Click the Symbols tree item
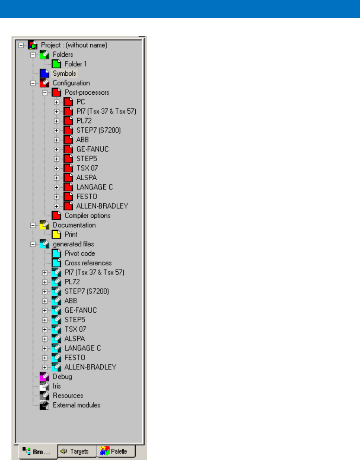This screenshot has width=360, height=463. pyautogui.click(x=65, y=73)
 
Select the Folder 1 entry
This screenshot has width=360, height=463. pyautogui.click(x=76, y=64)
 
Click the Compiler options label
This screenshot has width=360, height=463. pyautogui.click(x=88, y=216)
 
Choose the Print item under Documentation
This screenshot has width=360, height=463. pyautogui.click(x=71, y=235)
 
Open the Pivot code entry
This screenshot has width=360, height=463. pyautogui.click(x=80, y=254)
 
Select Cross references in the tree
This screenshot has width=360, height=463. pyautogui.click(x=88, y=263)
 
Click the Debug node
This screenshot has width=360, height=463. pyautogui.click(x=62, y=377)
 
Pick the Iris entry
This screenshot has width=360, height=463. pyautogui.click(x=57, y=386)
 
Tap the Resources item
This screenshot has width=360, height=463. pyautogui.click(x=68, y=396)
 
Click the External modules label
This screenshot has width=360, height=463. pyautogui.click(x=76, y=405)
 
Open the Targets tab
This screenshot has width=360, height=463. pyautogui.click(x=77, y=451)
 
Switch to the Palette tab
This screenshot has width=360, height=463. pyautogui.click(x=116, y=451)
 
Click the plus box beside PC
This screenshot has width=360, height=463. pyautogui.click(x=56, y=102)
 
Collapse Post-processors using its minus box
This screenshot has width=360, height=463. pyautogui.click(x=45, y=93)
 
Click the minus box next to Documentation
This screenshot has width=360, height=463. pyautogui.click(x=33, y=225)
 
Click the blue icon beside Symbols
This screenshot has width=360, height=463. pyautogui.click(x=44, y=73)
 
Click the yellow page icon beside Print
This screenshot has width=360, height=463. pyautogui.click(x=56, y=235)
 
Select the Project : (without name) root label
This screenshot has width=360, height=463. pyautogui.click(x=74, y=45)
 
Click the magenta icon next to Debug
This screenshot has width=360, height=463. pyautogui.click(x=44, y=377)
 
